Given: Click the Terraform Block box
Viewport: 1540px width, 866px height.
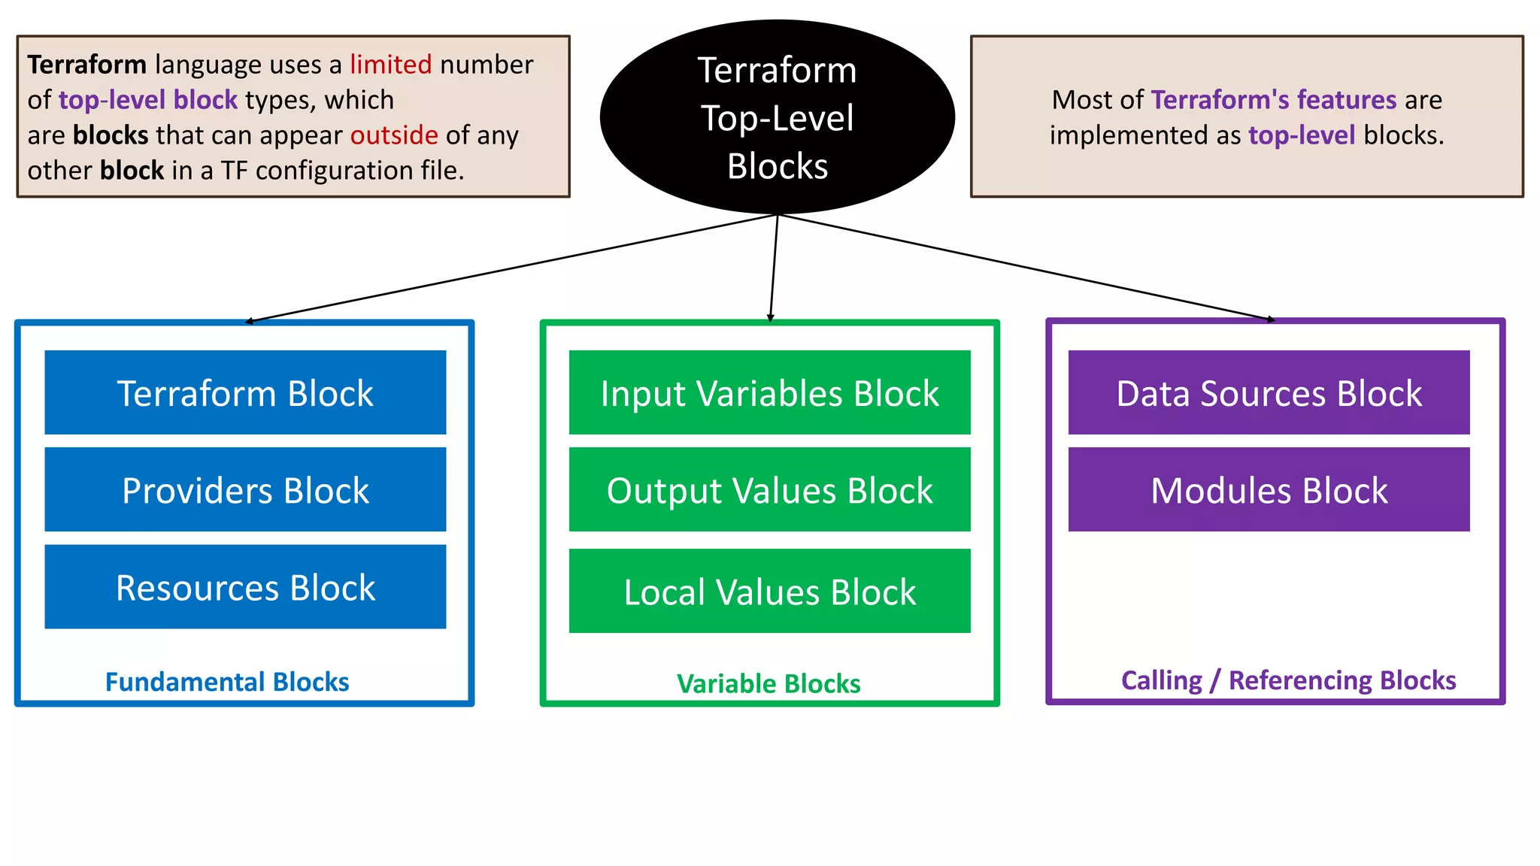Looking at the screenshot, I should pos(245,392).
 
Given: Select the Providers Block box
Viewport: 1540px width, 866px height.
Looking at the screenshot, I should pos(245,489).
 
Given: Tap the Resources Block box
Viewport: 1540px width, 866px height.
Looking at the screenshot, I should pos(245,586).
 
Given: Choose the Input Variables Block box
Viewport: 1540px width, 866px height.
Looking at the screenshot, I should pos(769,392).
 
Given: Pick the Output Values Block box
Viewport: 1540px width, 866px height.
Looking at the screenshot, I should pos(769,489).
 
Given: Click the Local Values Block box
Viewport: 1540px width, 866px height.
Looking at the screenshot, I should pos(769,591).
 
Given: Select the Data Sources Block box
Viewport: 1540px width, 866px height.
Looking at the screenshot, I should pos(1269,392).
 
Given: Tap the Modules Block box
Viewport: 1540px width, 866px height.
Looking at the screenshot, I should pos(1269,489).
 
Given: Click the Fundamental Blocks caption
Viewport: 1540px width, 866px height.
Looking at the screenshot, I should pos(227,682).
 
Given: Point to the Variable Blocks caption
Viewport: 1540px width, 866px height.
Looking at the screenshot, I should pos(768,683).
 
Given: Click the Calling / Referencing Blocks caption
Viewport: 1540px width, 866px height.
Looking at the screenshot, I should pos(1288,680).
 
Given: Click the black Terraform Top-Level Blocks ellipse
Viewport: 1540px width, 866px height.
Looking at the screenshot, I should pos(777,117).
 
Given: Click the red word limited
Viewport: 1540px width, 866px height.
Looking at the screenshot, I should pos(390,65).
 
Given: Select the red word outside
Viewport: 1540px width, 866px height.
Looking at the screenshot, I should pos(394,135).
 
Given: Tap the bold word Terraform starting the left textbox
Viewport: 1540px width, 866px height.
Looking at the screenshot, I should pos(87,65).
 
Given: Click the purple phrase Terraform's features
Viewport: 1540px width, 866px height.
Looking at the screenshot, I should pos(1273,100).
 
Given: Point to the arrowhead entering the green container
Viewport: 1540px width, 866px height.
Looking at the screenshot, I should pos(771,319).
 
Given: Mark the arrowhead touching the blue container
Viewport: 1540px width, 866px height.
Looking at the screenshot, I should pos(250,321).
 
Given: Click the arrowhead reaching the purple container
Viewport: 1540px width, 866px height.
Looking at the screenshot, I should pos(1271,319).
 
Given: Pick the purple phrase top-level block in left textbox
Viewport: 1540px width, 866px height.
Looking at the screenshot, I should pos(148,100).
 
